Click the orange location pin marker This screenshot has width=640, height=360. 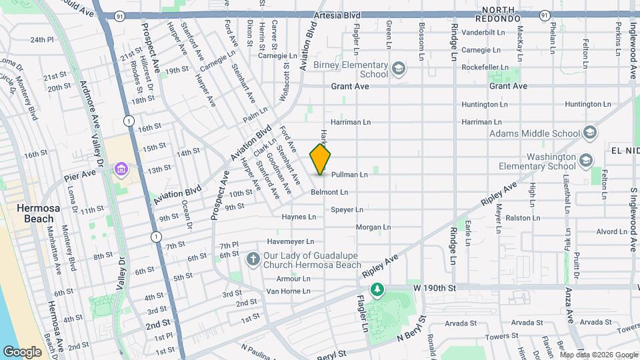tap(321, 159)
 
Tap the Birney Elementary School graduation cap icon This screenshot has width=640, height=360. tap(398, 69)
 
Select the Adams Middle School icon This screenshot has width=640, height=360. tap(589, 133)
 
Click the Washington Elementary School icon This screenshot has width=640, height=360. tap(585, 161)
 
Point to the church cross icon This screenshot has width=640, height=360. tap(253, 259)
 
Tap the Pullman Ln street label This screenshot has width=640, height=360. tap(349, 175)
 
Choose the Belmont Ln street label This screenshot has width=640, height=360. tap(329, 192)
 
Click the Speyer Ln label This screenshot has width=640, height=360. tap(347, 209)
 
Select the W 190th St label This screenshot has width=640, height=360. tap(433, 288)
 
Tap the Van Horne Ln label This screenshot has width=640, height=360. tap(289, 291)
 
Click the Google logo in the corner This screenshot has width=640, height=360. tap(22, 351)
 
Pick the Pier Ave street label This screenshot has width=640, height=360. tap(80, 177)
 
